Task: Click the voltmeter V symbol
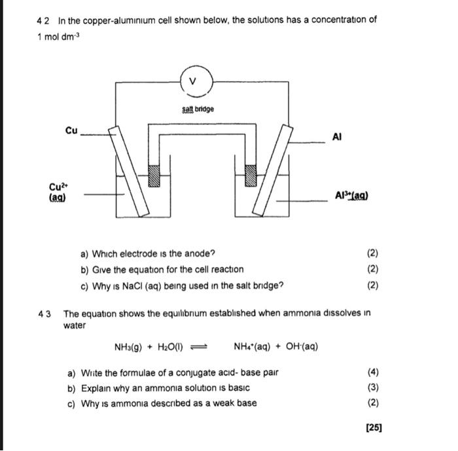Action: point(192,81)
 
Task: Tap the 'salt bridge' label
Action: point(198,109)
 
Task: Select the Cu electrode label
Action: point(71,130)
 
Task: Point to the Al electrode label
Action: point(338,137)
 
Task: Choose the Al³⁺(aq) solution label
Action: point(351,195)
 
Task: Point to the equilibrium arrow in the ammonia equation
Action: point(207,347)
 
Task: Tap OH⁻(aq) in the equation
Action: point(300,347)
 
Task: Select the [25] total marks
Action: point(374,427)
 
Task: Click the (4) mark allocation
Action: point(373,372)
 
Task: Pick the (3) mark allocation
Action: point(373,388)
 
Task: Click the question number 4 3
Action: point(45,313)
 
